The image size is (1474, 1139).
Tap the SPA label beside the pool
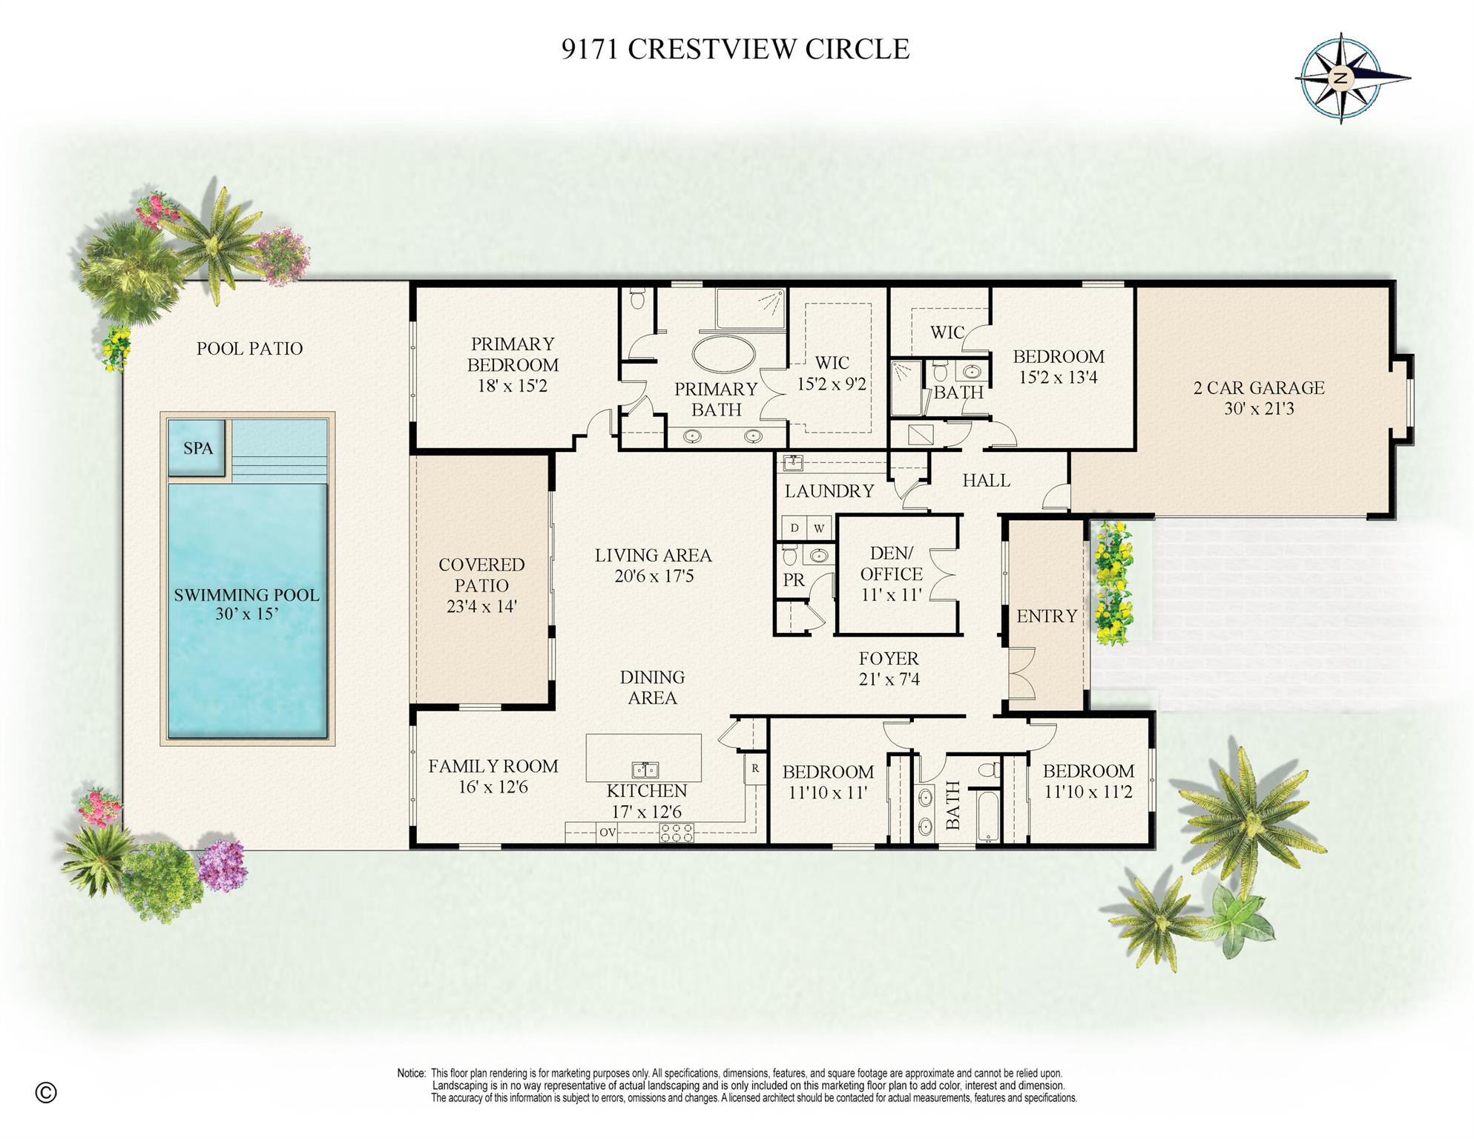(x=197, y=448)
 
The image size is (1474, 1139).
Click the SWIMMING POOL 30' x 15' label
(x=246, y=604)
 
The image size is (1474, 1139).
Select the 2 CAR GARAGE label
(x=1258, y=398)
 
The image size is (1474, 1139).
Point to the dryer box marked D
(x=794, y=528)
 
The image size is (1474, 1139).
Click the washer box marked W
(x=819, y=528)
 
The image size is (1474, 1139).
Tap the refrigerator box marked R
(x=755, y=769)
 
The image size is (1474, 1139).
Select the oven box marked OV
(x=607, y=833)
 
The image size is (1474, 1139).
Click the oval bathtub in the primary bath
(x=723, y=354)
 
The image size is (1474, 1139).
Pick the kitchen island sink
(x=644, y=769)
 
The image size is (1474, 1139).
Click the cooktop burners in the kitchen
(x=677, y=833)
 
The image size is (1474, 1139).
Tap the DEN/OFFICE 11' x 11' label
(x=891, y=574)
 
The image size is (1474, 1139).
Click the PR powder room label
(x=793, y=580)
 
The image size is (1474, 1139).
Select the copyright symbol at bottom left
(x=46, y=1092)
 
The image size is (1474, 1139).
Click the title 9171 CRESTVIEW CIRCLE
(x=735, y=49)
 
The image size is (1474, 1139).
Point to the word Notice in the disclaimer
(x=411, y=1073)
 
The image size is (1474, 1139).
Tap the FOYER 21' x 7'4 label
(x=889, y=669)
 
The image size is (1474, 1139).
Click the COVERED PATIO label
(x=481, y=585)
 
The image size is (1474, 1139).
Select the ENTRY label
(x=1046, y=616)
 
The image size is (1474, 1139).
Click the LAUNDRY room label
(x=829, y=491)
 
